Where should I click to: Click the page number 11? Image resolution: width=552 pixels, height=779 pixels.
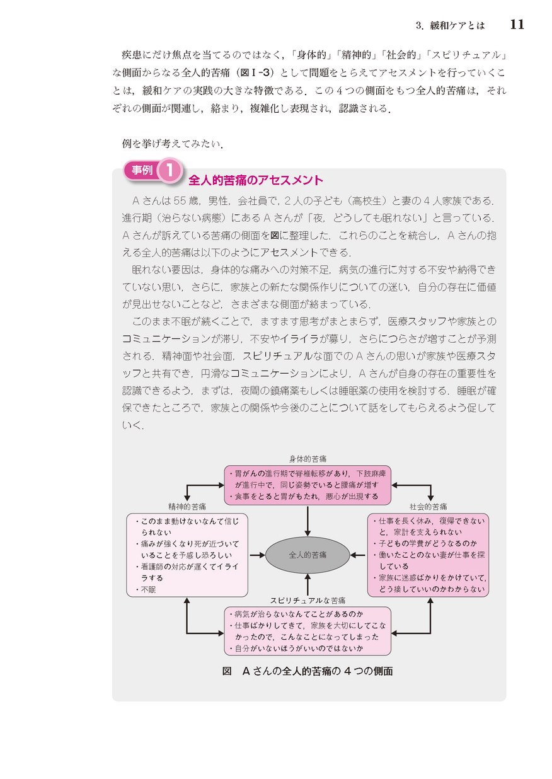point(517,25)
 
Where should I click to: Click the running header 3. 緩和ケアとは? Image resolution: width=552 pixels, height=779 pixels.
point(450,26)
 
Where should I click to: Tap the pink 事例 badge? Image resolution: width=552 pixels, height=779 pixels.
point(142,170)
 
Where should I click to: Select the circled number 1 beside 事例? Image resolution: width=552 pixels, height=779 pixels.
point(170,170)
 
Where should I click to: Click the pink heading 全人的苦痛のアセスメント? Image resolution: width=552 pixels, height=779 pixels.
point(255,180)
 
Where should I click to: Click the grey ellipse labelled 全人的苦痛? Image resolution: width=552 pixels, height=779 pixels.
point(308,555)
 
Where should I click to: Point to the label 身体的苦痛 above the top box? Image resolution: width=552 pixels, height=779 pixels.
point(308,459)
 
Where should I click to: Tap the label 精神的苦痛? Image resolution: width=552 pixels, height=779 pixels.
point(187,507)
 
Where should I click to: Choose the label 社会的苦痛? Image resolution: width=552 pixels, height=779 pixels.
point(428,507)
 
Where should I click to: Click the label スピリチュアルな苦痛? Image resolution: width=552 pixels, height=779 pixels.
point(308,601)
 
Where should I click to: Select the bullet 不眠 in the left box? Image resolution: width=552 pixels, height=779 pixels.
point(146,589)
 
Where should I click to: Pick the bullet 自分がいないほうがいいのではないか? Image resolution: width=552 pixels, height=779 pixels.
point(297,649)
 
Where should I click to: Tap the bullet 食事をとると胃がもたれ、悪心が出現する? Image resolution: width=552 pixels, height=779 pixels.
point(304,496)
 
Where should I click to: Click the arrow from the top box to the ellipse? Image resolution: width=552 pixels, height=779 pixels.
point(308,521)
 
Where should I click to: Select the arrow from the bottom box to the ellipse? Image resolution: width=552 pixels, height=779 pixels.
point(308,585)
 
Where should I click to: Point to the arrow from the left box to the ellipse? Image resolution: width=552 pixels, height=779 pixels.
point(257,555)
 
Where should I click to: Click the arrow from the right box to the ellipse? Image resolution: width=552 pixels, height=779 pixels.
point(358,555)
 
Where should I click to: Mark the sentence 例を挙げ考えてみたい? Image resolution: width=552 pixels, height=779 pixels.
point(173,143)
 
